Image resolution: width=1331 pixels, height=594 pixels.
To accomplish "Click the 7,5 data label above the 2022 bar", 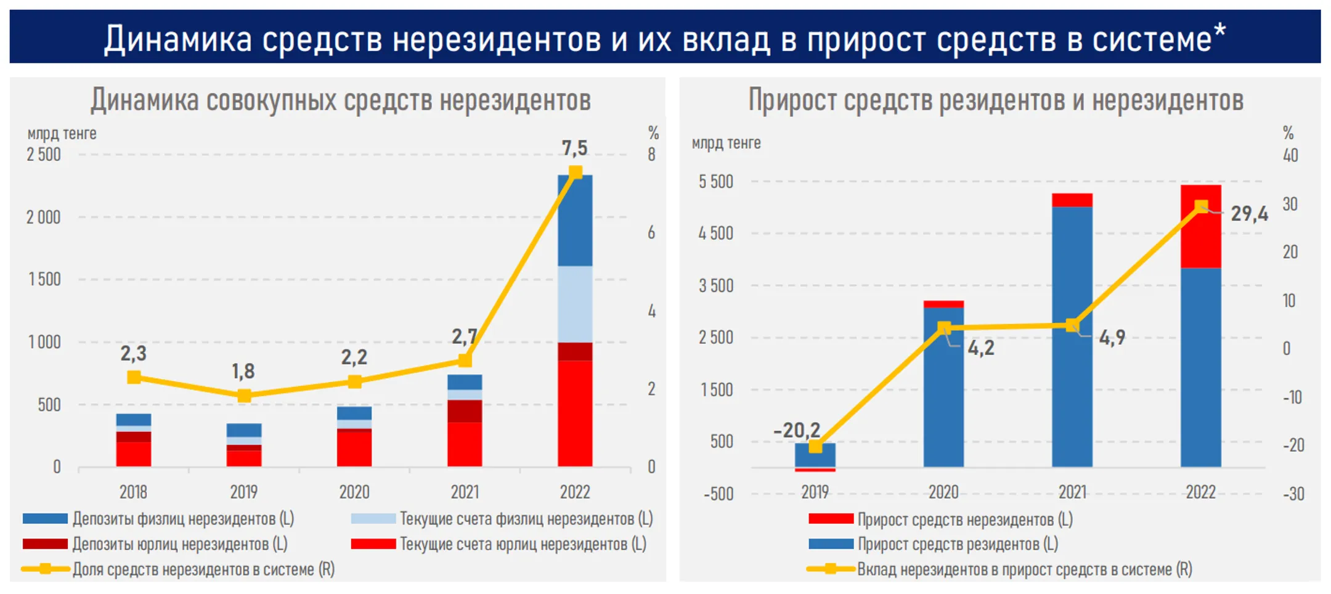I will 574,148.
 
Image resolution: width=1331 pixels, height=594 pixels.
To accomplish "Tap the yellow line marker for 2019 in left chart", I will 244,396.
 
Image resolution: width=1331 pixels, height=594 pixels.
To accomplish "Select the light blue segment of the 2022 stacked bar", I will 575,304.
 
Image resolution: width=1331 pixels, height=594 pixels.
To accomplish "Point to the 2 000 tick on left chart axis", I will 43,218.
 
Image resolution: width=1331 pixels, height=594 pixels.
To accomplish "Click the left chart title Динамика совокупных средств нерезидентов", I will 340,100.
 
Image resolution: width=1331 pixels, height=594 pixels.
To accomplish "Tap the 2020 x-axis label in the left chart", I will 354,492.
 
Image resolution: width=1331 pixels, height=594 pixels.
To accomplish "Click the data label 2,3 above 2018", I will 133,354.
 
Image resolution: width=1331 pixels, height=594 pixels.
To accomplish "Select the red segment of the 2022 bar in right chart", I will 1200,227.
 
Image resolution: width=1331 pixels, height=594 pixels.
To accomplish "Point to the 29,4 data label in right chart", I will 1249,214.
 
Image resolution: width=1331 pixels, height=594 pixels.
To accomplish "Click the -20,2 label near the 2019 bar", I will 797,429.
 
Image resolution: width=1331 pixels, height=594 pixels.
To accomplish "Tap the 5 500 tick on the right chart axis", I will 715,182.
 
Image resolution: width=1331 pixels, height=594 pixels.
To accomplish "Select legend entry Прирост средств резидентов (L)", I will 957,544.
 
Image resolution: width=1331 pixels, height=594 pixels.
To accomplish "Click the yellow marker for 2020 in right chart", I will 943,328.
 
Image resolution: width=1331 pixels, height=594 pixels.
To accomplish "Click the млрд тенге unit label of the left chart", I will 62,134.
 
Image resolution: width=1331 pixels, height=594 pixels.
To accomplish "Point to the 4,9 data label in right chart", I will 1112,337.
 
